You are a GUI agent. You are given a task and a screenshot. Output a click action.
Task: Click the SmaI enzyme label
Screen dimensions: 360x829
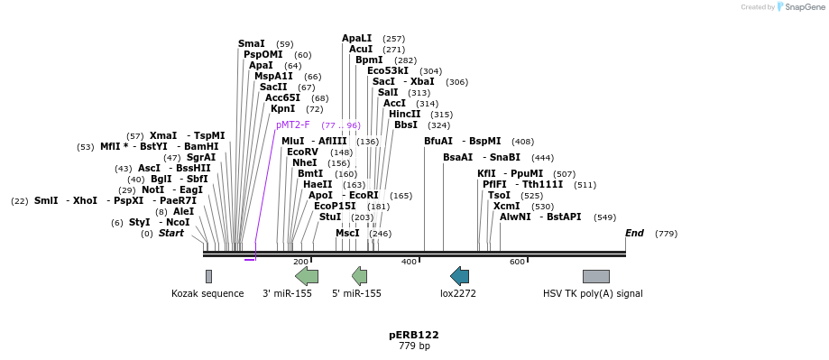tap(251, 43)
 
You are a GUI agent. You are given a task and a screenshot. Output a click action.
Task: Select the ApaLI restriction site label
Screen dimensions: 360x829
tap(356, 38)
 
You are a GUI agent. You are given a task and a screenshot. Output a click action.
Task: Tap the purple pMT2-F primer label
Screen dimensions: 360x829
tap(292, 125)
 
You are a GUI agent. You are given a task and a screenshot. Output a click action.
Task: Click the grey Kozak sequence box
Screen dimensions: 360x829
tap(208, 276)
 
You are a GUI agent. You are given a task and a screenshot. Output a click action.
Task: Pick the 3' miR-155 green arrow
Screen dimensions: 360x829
tap(307, 276)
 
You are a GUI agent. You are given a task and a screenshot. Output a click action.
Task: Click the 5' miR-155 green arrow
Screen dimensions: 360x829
tap(359, 276)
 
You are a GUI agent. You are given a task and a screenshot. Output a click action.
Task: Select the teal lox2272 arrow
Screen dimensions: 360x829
tap(459, 276)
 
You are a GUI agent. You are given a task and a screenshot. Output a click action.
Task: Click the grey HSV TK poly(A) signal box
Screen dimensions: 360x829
tap(595, 276)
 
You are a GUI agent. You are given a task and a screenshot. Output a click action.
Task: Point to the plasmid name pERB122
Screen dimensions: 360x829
tap(414, 335)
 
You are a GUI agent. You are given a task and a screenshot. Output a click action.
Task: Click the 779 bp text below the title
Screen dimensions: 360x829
tap(414, 346)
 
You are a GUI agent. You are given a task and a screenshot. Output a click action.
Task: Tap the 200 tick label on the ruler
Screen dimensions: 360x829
tap(300, 262)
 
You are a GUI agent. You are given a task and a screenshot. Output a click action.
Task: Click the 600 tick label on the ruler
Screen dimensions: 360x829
tap(517, 262)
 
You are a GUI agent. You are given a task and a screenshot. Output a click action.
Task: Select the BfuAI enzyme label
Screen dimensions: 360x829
tap(438, 141)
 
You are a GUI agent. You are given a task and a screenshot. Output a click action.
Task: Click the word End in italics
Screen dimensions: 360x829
tap(634, 233)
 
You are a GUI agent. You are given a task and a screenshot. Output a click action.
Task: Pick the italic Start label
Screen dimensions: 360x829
tap(170, 233)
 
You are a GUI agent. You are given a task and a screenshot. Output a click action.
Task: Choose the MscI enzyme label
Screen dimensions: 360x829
tap(347, 233)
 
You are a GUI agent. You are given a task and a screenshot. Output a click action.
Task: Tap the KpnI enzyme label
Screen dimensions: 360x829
tap(283, 108)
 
